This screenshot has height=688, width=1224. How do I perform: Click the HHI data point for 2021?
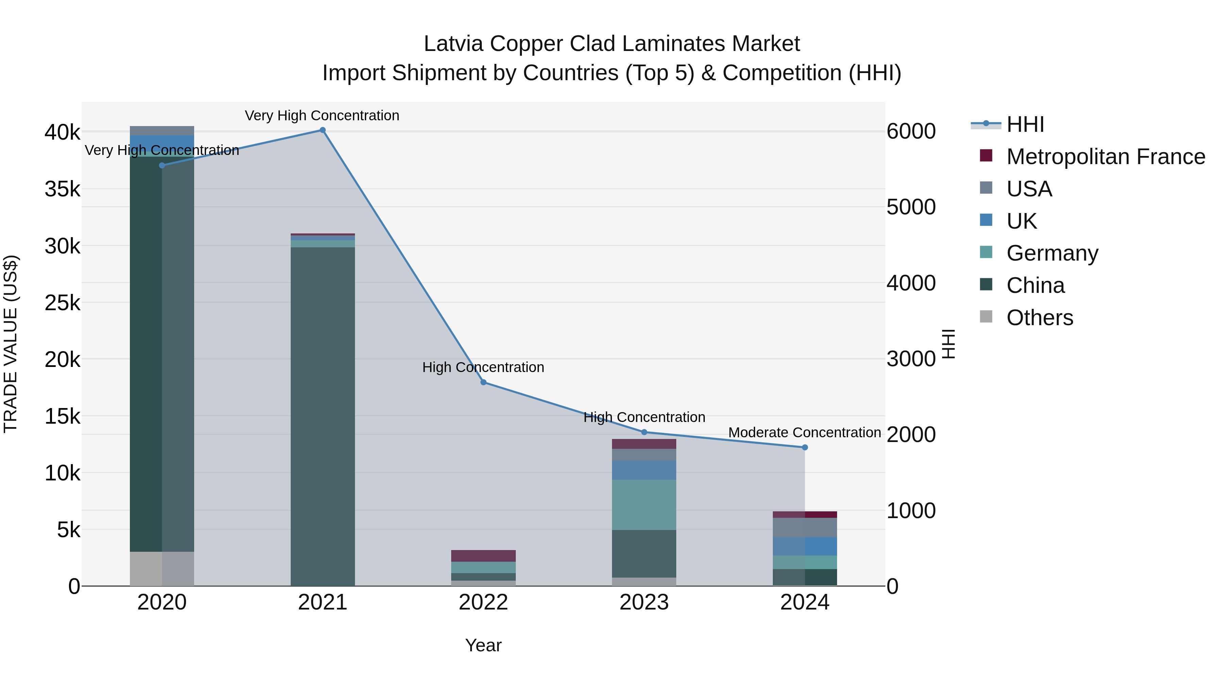click(x=323, y=130)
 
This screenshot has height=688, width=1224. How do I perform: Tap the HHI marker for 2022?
click(x=483, y=382)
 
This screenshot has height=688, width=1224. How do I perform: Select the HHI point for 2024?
click(x=805, y=447)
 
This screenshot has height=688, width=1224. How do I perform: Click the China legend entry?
click(x=1035, y=285)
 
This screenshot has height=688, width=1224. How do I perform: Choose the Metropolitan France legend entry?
click(x=1105, y=157)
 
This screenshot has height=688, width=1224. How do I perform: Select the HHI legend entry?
click(x=1025, y=124)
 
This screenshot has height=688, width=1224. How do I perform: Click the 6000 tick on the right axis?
click(x=911, y=131)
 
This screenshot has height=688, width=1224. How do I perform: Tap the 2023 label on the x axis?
click(x=644, y=602)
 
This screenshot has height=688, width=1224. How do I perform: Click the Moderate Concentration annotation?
click(x=804, y=433)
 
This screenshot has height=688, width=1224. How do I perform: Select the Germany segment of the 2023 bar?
click(x=644, y=505)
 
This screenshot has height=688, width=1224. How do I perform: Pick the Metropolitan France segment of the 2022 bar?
click(x=483, y=555)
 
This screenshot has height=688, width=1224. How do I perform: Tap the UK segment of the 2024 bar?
click(x=805, y=546)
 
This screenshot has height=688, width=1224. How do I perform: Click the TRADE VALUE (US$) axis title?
click(x=11, y=344)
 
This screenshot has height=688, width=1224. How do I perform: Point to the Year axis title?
click(x=483, y=645)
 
